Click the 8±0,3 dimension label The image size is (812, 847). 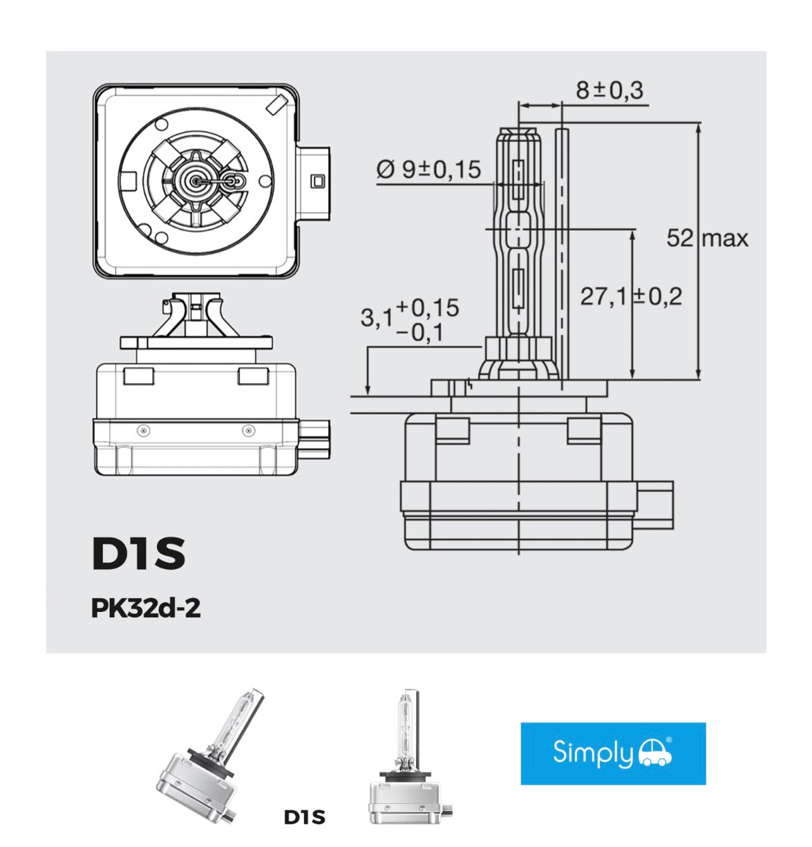609,91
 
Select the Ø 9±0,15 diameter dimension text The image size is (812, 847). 428,169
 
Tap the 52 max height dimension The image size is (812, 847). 707,239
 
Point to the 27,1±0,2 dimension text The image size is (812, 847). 630,297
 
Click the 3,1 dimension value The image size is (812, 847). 376,317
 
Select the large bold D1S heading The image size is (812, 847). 138,553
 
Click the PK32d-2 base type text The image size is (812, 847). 146,608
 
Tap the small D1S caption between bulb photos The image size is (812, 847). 304,817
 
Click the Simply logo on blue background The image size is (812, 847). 612,753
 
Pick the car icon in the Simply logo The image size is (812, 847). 654,752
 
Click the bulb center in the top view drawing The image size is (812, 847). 197,180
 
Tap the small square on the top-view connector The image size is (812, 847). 317,181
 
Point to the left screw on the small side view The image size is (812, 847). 143,431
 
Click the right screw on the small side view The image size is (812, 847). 248,431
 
